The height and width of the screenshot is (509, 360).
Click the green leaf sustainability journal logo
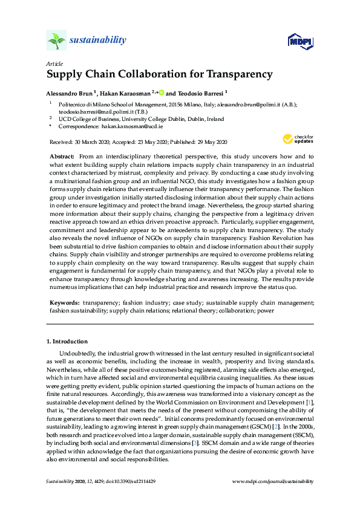click(56, 41)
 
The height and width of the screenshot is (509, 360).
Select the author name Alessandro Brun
click(70, 94)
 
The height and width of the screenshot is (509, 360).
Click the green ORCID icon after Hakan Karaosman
click(162, 93)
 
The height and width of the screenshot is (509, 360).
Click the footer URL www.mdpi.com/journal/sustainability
click(273, 481)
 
